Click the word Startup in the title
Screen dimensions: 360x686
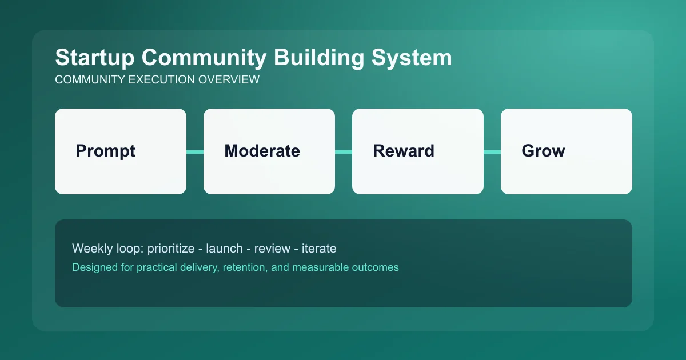94,58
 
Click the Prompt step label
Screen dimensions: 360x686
106,151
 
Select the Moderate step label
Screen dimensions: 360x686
262,151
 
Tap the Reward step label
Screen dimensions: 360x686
404,151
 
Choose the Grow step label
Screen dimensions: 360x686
543,151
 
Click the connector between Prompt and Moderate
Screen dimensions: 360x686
195,151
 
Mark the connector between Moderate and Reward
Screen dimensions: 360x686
344,151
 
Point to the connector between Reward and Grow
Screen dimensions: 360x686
492,151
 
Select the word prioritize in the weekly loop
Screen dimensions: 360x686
171,249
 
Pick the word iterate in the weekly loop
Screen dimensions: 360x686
317,249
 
